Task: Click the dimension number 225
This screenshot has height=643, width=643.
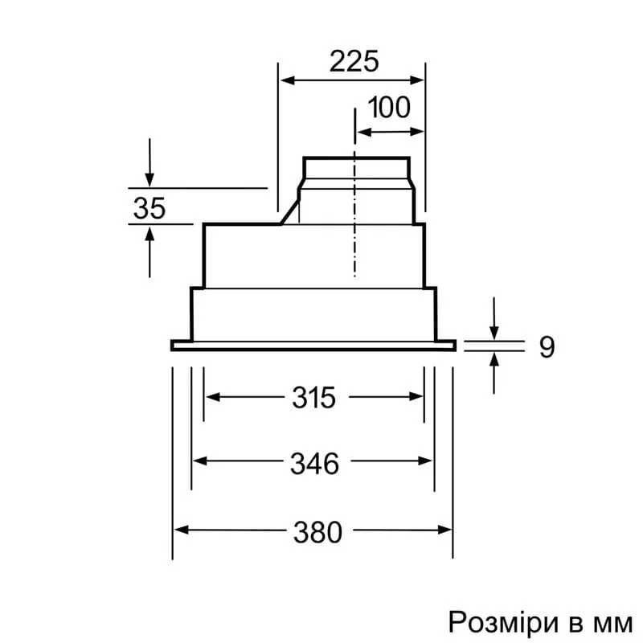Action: [x=354, y=61]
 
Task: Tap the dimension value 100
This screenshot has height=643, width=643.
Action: [x=390, y=107]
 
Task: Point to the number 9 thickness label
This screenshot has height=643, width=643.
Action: [x=547, y=346]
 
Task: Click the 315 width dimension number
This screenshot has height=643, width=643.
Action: [x=313, y=397]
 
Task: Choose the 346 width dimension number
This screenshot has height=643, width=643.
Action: [x=313, y=462]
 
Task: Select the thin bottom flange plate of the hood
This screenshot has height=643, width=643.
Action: [x=313, y=346]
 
